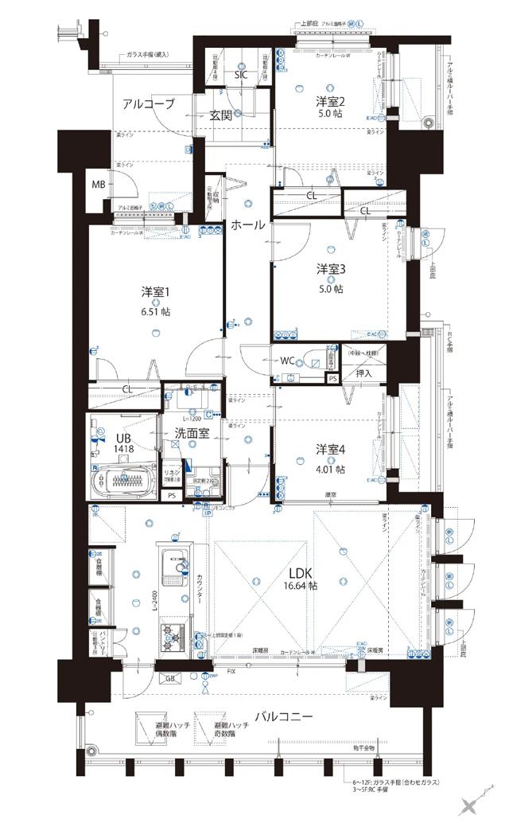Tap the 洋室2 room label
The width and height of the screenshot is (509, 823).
pos(330,101)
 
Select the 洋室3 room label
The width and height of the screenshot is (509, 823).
pos(330,268)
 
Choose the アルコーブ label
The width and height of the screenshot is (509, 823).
pos(148,103)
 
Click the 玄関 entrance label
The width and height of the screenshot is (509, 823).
pos(221,115)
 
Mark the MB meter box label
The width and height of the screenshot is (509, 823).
pos(98,185)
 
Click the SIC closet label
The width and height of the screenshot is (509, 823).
pos(241,76)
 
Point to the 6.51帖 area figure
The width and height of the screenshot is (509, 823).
pos(155,311)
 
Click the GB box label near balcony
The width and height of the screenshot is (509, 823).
pos(169,678)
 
